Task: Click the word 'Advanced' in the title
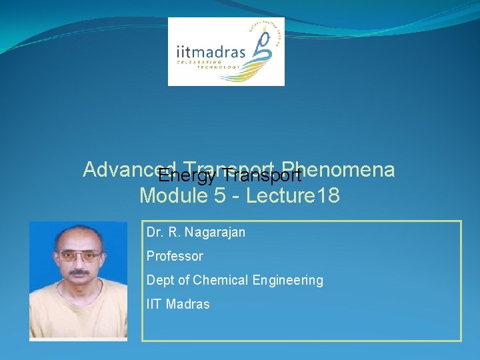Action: pos(120,170)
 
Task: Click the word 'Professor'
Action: pos(175,256)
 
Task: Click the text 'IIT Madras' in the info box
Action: pos(178,304)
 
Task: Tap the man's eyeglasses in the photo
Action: pos(79,255)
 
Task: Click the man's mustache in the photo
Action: pos(79,273)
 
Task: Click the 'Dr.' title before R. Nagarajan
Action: pos(154,232)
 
